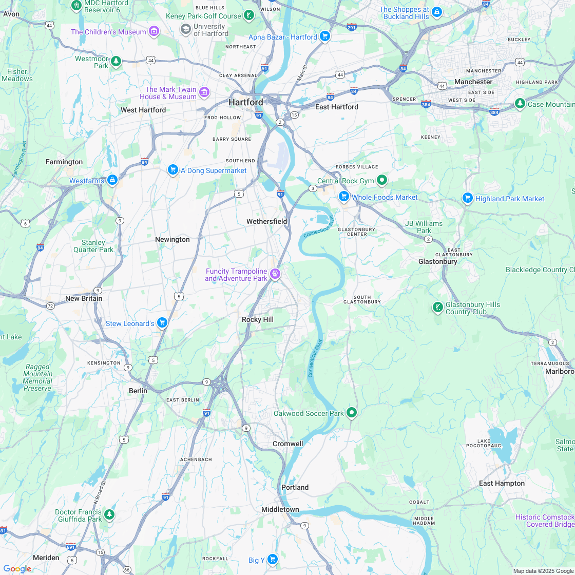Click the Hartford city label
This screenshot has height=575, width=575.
pyautogui.click(x=245, y=102)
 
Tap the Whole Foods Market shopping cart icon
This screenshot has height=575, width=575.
pyautogui.click(x=344, y=197)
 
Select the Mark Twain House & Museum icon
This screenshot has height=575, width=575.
pyautogui.click(x=204, y=92)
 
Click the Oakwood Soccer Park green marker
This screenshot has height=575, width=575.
pyautogui.click(x=352, y=412)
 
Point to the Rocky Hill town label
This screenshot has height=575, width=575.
pyautogui.click(x=258, y=319)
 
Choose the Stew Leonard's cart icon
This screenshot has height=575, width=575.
pyautogui.click(x=162, y=322)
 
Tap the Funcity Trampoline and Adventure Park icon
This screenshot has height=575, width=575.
pyautogui.click(x=276, y=274)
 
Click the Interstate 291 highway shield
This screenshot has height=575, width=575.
pyautogui.click(x=351, y=27)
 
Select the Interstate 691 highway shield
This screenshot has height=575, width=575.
pyautogui.click(x=71, y=546)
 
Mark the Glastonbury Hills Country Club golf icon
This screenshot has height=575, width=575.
pyautogui.click(x=437, y=308)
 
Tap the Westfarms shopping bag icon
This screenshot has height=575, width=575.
pyautogui.click(x=112, y=180)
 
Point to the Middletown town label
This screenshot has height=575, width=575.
pyautogui.click(x=280, y=509)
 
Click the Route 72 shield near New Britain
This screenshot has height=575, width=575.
pyautogui.click(x=50, y=305)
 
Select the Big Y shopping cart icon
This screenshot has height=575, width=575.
pyautogui.click(x=273, y=559)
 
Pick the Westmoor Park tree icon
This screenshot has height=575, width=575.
pyautogui.click(x=117, y=62)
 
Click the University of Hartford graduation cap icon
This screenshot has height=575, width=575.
pyautogui.click(x=185, y=29)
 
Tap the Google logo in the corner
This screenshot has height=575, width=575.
pyautogui.click(x=17, y=568)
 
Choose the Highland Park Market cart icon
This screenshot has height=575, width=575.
pyautogui.click(x=467, y=198)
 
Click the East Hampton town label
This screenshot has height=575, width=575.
pyautogui.click(x=502, y=483)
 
